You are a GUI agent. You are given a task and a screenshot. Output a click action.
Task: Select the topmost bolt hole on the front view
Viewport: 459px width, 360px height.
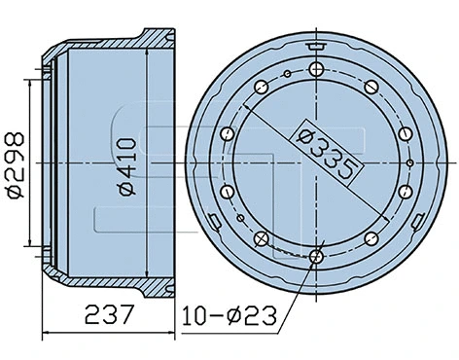point(318,69)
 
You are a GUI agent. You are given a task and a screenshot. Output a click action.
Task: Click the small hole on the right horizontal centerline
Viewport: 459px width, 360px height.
point(413,163)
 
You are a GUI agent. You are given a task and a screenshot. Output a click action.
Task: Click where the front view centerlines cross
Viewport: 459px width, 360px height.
point(318,163)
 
